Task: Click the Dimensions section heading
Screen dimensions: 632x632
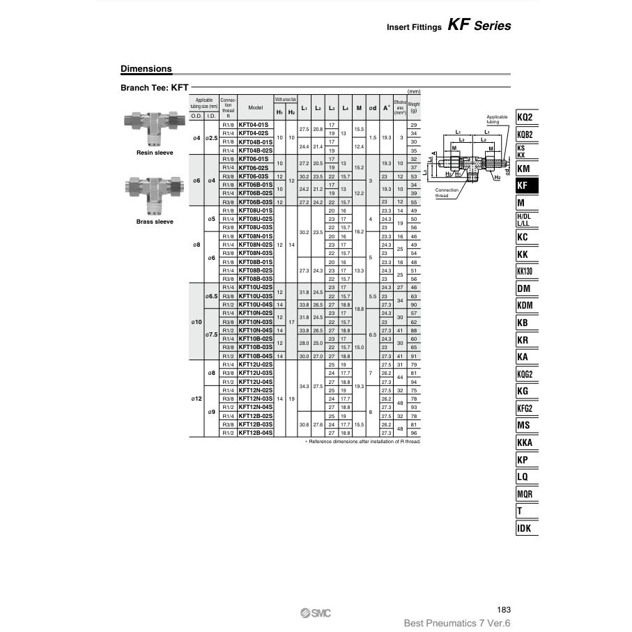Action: [146, 69]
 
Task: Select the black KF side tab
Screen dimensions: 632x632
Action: [526, 185]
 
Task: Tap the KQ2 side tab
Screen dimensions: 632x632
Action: [526, 117]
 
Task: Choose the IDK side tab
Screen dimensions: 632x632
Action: [526, 527]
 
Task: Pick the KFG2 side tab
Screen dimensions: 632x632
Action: [526, 408]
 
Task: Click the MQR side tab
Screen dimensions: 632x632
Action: [526, 493]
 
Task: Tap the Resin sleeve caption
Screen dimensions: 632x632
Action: [155, 152]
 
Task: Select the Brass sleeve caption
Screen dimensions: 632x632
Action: [155, 221]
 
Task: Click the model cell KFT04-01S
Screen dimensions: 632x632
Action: [255, 124]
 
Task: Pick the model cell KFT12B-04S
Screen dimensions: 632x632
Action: [255, 433]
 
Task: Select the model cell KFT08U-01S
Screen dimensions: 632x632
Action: [255, 210]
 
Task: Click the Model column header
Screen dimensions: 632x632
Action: [255, 108]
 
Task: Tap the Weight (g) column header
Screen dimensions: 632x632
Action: [414, 107]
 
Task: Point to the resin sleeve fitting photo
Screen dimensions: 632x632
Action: [155, 125]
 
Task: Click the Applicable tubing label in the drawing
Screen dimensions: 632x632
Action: [497, 119]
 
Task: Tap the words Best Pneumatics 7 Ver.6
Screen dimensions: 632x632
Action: [457, 623]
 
